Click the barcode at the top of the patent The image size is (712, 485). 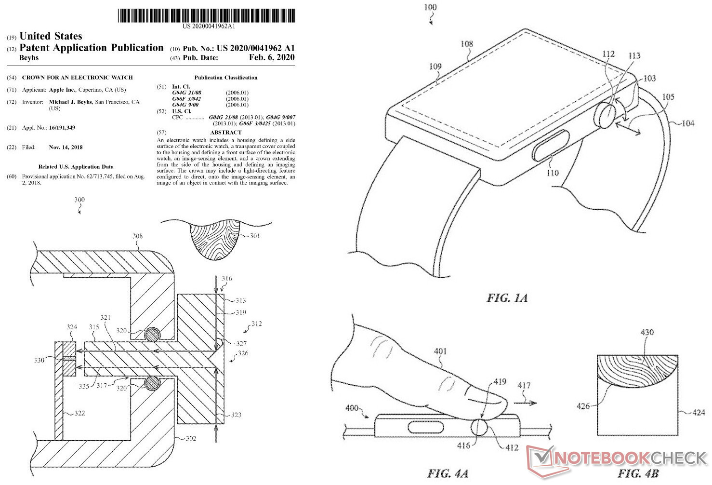[207, 15]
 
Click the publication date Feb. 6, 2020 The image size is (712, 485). [272, 57]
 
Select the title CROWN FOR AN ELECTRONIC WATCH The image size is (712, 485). [77, 77]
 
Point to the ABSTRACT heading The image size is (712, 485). [225, 132]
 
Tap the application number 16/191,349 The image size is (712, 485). [62, 128]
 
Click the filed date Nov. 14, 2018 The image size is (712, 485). [66, 147]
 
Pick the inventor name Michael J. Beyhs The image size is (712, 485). [70, 102]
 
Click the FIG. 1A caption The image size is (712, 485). [507, 298]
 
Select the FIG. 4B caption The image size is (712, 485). [638, 473]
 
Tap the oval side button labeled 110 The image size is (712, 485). [551, 145]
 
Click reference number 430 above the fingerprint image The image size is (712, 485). [647, 332]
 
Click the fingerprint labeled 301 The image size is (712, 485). [215, 239]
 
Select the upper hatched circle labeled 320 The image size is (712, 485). [153, 335]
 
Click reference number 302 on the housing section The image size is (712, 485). [191, 438]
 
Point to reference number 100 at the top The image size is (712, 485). [430, 7]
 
